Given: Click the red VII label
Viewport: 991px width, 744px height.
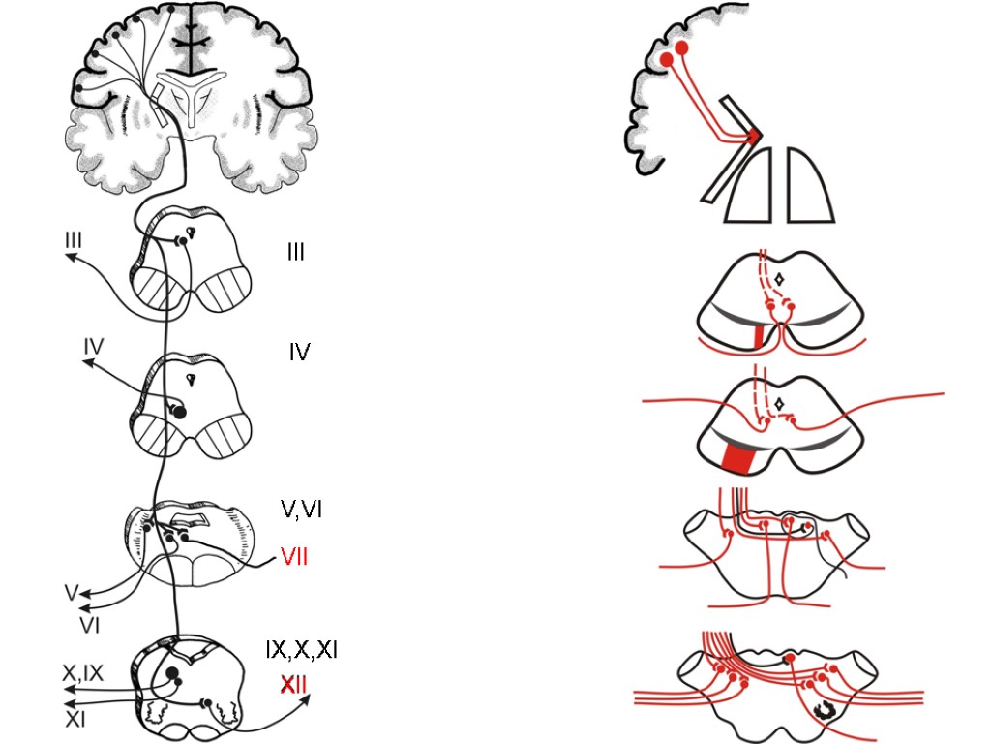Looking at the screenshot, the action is click(294, 557).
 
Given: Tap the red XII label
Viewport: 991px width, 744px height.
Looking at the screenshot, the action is click(293, 685).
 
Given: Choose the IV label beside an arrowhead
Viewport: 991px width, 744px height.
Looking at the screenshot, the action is click(93, 344).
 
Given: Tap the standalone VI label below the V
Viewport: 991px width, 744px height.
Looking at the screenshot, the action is click(90, 625).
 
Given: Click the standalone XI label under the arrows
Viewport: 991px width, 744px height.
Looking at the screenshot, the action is click(76, 720).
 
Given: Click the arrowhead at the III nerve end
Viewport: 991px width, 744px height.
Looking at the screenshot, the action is click(71, 257).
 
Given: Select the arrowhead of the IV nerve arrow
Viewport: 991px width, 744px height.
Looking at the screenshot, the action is click(87, 363).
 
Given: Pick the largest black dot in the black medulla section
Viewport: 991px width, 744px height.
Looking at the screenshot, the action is click(172, 672).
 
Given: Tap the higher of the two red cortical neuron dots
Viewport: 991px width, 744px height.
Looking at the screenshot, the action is click(682, 47).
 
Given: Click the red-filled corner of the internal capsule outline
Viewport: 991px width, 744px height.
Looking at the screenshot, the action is click(754, 136).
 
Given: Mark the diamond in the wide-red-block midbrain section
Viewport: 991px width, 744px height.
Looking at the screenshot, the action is click(779, 403).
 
